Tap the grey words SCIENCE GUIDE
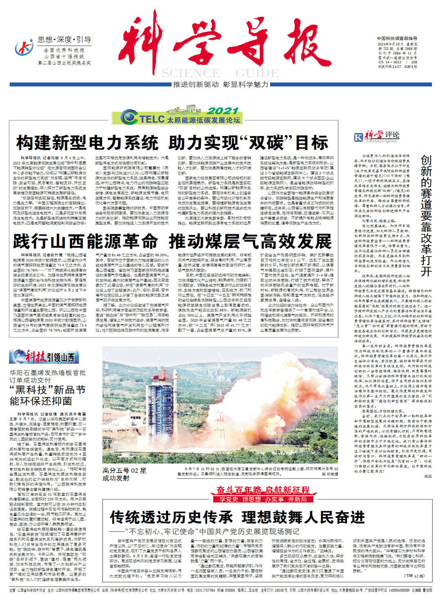coord(220,73)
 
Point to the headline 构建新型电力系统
coord(87,143)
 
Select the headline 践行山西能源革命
coord(85,241)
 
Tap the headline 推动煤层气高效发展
coord(250,241)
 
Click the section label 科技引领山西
coord(45,357)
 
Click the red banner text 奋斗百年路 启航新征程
coord(263,490)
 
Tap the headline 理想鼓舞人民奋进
coord(303,517)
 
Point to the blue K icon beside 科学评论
coord(359,137)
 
